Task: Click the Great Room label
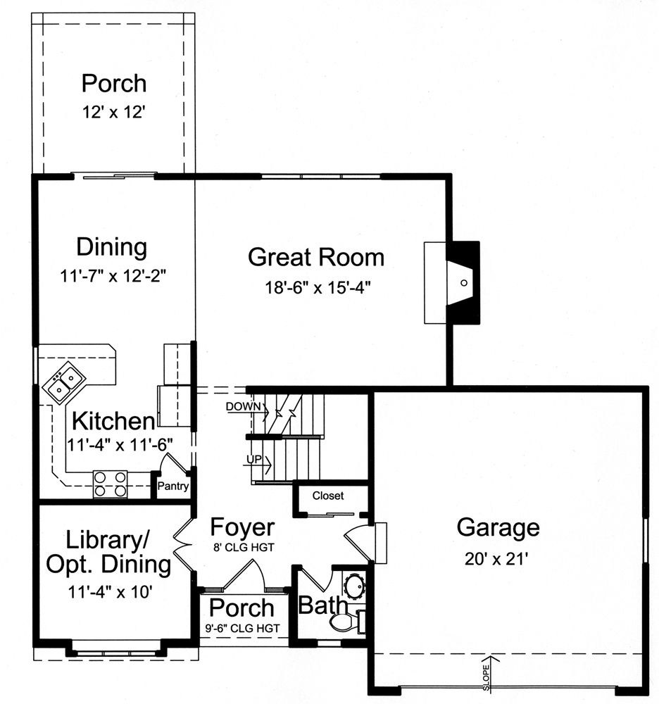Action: click(316, 257)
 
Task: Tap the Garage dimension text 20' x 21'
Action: click(498, 559)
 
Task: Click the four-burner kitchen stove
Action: click(111, 484)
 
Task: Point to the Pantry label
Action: click(172, 486)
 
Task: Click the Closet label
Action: click(328, 496)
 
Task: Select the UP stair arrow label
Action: click(254, 460)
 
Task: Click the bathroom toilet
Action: click(349, 622)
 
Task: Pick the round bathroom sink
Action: click(352, 586)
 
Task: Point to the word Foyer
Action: click(242, 527)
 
